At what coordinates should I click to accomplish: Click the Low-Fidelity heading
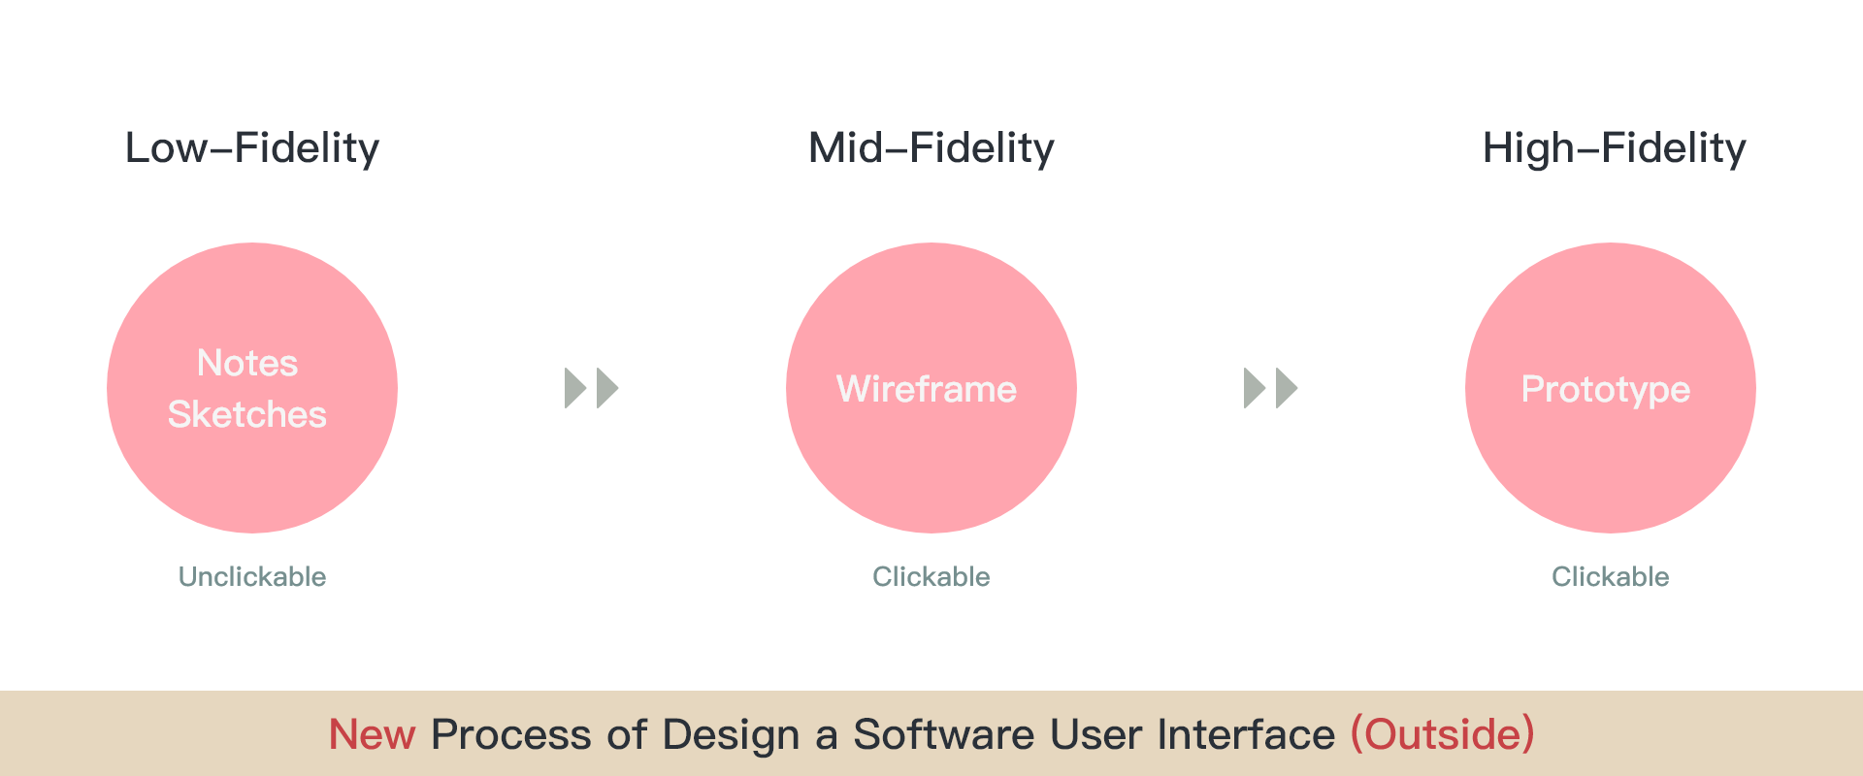click(x=252, y=148)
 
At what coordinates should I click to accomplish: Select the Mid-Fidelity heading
click(x=931, y=148)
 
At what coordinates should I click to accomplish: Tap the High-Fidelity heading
click(x=1615, y=148)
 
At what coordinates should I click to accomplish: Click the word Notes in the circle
click(x=247, y=363)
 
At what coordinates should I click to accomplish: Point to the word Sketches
click(x=247, y=414)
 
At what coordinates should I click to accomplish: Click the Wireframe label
click(x=927, y=389)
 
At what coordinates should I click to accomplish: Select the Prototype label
click(x=1606, y=390)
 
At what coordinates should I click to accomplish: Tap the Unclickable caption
click(x=252, y=576)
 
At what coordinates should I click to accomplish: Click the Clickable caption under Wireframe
click(x=931, y=576)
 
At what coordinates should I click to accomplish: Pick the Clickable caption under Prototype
click(x=1611, y=576)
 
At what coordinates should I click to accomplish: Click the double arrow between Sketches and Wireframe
click(x=592, y=388)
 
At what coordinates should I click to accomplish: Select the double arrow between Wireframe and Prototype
click(x=1271, y=388)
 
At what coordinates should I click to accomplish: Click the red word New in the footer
click(x=373, y=734)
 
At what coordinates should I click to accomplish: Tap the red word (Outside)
click(x=1443, y=734)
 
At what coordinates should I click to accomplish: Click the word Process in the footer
click(x=511, y=734)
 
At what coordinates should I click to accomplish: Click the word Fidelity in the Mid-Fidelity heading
click(x=982, y=148)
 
